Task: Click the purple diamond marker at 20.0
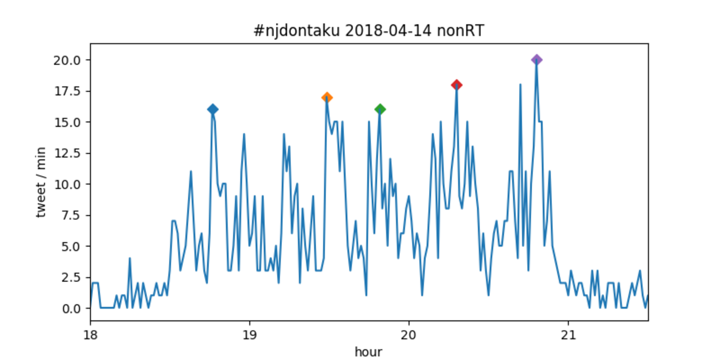click(x=536, y=60)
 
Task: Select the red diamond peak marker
click(x=456, y=85)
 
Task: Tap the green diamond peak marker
click(x=380, y=109)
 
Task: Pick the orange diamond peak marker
click(x=327, y=97)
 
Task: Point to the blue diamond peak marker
click(x=212, y=109)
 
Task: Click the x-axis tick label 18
click(x=90, y=335)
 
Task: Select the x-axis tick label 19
click(x=250, y=335)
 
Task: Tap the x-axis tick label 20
click(x=409, y=335)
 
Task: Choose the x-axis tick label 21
click(x=568, y=335)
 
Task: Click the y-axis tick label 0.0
click(x=72, y=308)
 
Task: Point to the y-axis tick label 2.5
click(x=72, y=277)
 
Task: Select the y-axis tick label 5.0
click(x=72, y=246)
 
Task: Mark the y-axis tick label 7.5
click(x=72, y=215)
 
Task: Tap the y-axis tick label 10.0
click(x=70, y=184)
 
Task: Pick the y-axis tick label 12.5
click(x=70, y=153)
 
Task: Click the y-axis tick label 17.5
click(x=70, y=91)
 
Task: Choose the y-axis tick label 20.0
click(x=70, y=60)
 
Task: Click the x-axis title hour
click(x=368, y=351)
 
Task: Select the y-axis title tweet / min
click(x=42, y=184)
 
